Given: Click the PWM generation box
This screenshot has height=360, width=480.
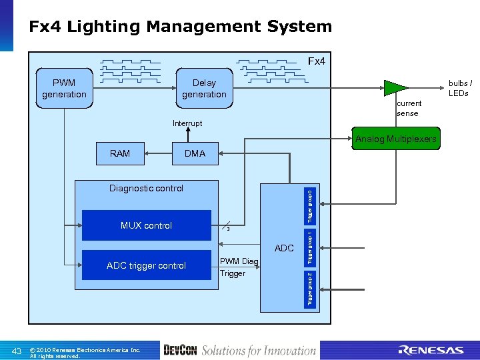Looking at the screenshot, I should pyautogui.click(x=64, y=88).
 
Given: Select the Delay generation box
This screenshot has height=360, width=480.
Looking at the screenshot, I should pyautogui.click(x=204, y=88).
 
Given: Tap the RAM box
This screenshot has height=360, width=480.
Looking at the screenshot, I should pyautogui.click(x=120, y=153).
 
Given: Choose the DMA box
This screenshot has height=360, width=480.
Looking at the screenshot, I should pyautogui.click(x=195, y=153).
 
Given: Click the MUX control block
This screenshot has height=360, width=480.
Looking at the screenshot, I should pyautogui.click(x=146, y=225).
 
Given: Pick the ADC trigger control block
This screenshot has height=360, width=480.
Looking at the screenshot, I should pyautogui.click(x=146, y=265).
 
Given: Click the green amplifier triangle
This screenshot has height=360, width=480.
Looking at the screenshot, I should pyautogui.click(x=395, y=87).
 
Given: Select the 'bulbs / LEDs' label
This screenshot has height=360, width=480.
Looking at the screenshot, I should pyautogui.click(x=459, y=88).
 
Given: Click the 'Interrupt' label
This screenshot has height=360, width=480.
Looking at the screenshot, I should pyautogui.click(x=187, y=123).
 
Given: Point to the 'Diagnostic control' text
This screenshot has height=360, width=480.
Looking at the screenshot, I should pyautogui.click(x=146, y=188).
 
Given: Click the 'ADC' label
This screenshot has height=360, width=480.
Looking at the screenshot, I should pyautogui.click(x=284, y=248).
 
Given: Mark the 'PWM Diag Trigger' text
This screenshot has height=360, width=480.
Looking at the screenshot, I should pyautogui.click(x=239, y=267).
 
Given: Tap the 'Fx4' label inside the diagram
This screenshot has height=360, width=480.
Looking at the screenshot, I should pyautogui.click(x=316, y=61).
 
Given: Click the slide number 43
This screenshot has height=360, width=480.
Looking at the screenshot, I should pyautogui.click(x=18, y=351).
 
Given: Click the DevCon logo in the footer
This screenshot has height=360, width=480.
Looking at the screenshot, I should pyautogui.click(x=179, y=350).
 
